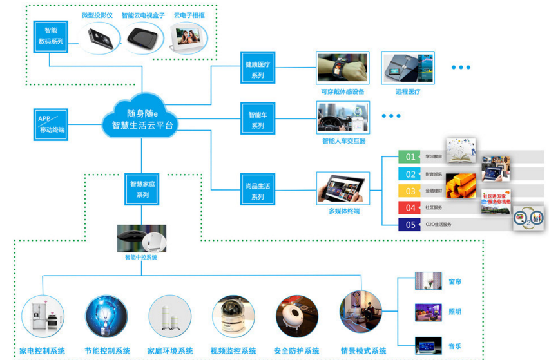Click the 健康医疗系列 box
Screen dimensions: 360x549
point(258,70)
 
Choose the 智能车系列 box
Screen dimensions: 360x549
point(258,120)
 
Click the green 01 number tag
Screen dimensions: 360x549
point(410,156)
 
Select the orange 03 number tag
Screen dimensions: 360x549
point(410,191)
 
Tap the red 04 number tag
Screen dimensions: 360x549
point(410,207)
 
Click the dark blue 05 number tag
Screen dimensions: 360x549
point(410,225)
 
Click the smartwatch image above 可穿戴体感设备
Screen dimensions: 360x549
point(342,68)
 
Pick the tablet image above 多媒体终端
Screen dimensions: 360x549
point(343,188)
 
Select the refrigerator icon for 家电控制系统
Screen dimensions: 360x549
point(43,317)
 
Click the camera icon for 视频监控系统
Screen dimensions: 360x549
point(233,317)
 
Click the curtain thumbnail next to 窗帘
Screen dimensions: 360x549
point(429,281)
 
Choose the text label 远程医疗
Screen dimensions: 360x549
point(408,91)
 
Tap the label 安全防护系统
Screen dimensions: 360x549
point(296,351)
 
